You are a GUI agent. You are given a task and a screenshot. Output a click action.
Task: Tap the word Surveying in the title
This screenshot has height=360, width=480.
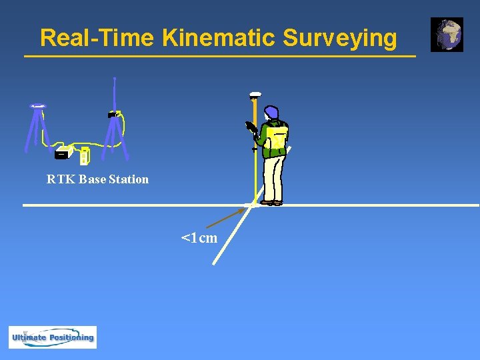(x=339, y=39)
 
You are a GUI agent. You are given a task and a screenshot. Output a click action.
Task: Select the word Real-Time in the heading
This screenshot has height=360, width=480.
(x=98, y=38)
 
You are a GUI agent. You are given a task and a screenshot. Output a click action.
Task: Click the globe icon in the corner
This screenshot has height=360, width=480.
(x=447, y=35)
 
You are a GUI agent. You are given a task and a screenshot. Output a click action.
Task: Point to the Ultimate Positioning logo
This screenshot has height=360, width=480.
(x=53, y=337)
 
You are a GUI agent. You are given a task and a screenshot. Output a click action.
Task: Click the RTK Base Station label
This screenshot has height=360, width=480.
(x=97, y=179)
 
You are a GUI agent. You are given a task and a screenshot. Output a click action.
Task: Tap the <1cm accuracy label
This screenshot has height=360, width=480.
(x=199, y=238)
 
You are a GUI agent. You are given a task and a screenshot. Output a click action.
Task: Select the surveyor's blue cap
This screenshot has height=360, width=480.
(x=271, y=112)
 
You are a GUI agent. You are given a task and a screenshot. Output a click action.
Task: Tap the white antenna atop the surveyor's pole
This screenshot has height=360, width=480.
(x=255, y=95)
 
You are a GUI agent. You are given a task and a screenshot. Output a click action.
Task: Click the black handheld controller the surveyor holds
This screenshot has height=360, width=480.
(x=251, y=127)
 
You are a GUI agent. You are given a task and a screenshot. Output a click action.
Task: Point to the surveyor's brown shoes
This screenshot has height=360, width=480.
(x=271, y=202)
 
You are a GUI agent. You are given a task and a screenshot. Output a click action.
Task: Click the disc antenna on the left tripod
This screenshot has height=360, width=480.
(x=38, y=106)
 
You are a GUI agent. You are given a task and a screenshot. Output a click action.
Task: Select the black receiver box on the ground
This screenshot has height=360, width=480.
(x=62, y=153)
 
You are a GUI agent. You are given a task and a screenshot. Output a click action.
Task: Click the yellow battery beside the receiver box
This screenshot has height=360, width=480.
(x=84, y=157)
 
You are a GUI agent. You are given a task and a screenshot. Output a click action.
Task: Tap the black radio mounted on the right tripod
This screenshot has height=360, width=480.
(x=113, y=115)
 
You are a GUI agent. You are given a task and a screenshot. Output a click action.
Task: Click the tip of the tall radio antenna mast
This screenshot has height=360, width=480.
(x=115, y=79)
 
